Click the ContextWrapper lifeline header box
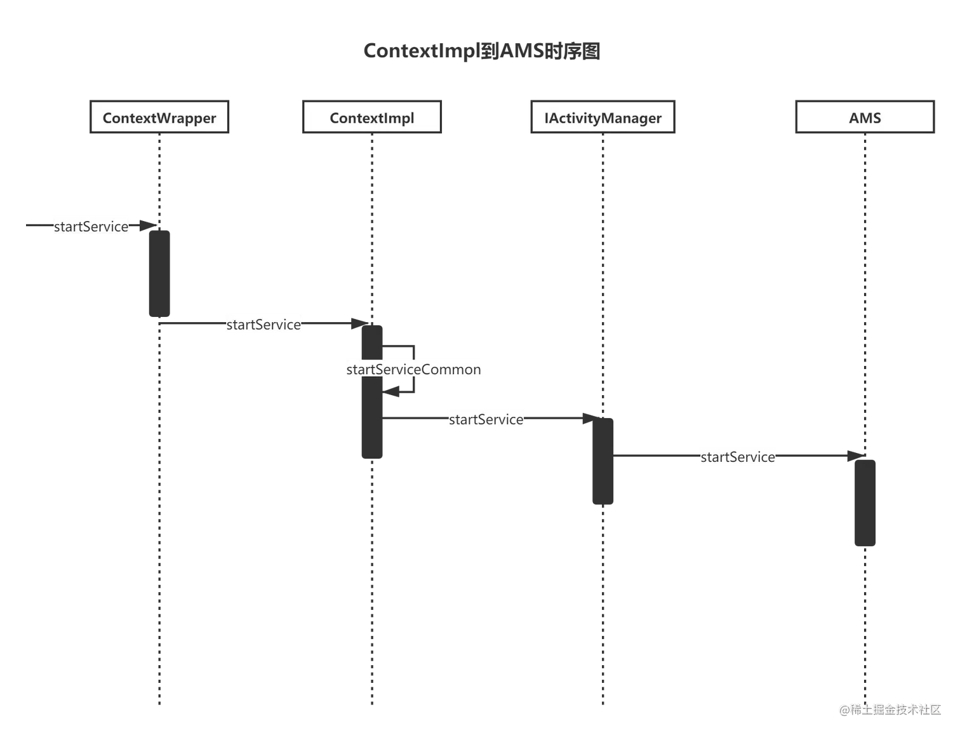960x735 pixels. click(x=159, y=118)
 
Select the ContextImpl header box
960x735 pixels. click(x=372, y=118)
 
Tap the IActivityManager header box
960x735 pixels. click(x=603, y=118)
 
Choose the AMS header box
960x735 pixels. click(x=865, y=118)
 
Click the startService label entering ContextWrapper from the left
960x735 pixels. click(x=91, y=227)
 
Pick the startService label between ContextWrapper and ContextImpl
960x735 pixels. click(x=263, y=325)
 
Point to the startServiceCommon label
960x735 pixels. click(x=413, y=370)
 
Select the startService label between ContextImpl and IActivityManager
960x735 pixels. click(x=487, y=419)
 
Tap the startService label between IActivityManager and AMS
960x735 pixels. click(x=737, y=457)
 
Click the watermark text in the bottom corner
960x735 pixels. click(x=890, y=709)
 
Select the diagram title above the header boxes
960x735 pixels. click(x=483, y=51)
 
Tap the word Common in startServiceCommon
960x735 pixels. click(x=451, y=370)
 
